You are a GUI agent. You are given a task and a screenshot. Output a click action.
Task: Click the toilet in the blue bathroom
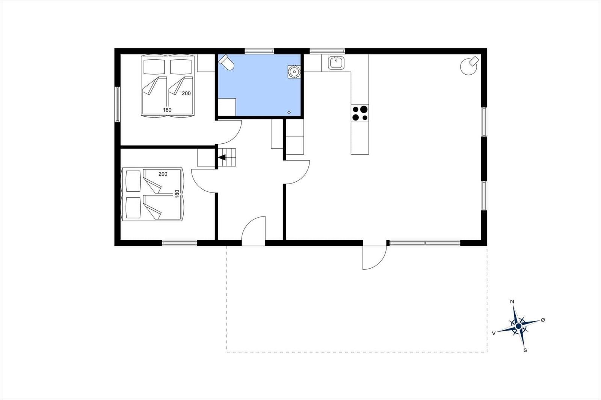[x=226, y=62]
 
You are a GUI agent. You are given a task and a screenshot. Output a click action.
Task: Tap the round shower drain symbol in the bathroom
[x=294, y=72]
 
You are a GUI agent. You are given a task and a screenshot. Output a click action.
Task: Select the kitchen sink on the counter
[x=336, y=63]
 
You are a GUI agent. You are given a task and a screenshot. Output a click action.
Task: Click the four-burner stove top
[x=360, y=113]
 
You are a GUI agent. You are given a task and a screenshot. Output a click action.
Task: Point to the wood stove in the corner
[x=469, y=65]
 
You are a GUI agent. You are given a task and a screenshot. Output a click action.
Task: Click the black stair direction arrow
[x=222, y=157]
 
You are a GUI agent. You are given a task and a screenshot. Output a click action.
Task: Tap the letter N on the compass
[x=512, y=302]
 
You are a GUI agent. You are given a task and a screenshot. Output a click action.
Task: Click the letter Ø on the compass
[x=543, y=320]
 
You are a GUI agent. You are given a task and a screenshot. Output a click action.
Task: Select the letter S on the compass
[x=525, y=350]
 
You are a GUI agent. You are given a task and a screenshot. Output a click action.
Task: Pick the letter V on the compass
[x=494, y=333]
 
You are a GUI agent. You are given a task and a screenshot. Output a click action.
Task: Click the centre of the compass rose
[x=518, y=326]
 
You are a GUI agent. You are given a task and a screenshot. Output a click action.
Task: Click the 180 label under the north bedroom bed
[x=167, y=110]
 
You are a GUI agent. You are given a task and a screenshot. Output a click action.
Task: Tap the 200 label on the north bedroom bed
[x=186, y=93]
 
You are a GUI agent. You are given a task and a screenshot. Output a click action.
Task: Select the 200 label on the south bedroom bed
[x=163, y=174]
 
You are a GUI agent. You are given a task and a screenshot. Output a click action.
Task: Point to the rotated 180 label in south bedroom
[x=177, y=194]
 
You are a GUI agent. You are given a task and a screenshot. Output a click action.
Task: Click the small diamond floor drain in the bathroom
[x=289, y=112]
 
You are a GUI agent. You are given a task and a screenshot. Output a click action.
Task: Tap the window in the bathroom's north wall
[x=259, y=51]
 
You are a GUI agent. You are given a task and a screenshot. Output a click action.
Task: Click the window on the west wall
[x=117, y=104]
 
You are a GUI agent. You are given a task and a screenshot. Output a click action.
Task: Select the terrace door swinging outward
[x=374, y=258]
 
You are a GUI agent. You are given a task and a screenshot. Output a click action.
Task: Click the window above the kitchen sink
[x=327, y=51]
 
